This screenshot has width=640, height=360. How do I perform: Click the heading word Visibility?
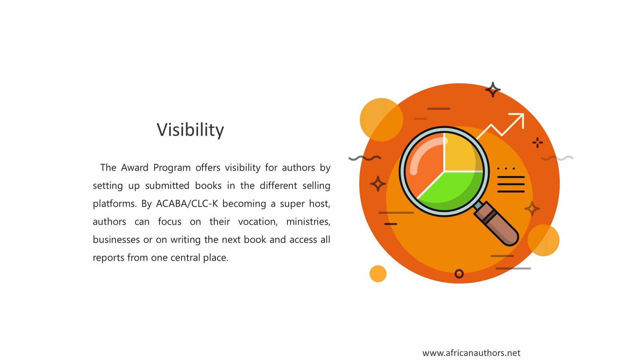point(190,130)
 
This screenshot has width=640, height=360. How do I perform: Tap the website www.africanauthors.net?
point(471,353)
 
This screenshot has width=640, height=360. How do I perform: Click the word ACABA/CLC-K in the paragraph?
point(187,204)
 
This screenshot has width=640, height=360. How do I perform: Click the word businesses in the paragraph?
point(116,240)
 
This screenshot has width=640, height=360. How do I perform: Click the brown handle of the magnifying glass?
point(497,224)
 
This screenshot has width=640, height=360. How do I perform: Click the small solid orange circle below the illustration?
point(378,274)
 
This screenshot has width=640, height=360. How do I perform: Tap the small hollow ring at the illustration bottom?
point(459,274)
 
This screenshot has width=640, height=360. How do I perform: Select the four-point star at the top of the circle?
point(493,90)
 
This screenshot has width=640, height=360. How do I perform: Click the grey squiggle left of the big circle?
point(365,158)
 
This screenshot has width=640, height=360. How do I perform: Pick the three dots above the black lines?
point(506,168)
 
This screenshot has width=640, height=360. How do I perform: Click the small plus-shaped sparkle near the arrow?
point(538,142)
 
